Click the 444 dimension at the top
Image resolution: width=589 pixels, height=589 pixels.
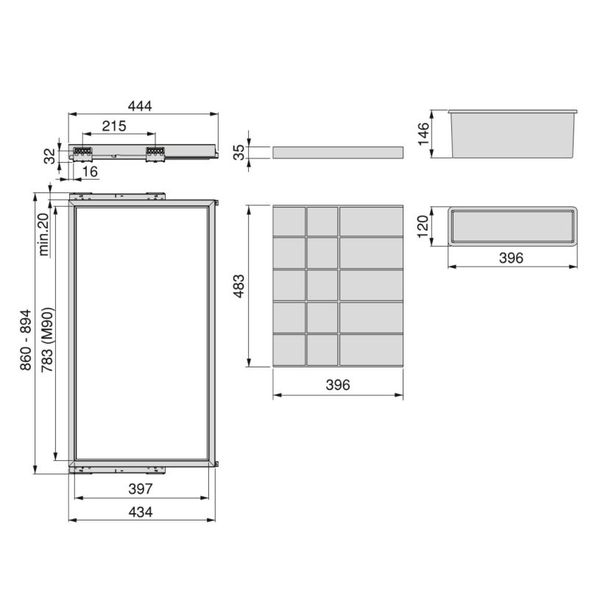[x=140, y=106]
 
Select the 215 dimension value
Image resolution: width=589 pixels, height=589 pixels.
[x=114, y=126]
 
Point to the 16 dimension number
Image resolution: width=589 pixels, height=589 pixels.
[x=90, y=171]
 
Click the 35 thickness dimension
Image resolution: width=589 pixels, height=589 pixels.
[x=239, y=152]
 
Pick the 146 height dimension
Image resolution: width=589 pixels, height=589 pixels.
[x=423, y=134]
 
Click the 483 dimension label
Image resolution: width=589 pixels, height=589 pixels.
[x=237, y=285]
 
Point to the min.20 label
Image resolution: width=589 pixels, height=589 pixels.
[x=43, y=233]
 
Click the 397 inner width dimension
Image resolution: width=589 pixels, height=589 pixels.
[x=140, y=488]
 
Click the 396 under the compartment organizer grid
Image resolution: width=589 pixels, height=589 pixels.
[x=338, y=385]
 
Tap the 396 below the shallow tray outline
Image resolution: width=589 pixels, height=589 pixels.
[x=511, y=258]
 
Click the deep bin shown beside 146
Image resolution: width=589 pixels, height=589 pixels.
[x=512, y=134]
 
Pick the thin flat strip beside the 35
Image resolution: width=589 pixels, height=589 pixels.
[x=338, y=152]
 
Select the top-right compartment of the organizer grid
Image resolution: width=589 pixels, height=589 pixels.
[x=371, y=221]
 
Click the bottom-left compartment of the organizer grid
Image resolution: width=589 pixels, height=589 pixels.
[x=289, y=348]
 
